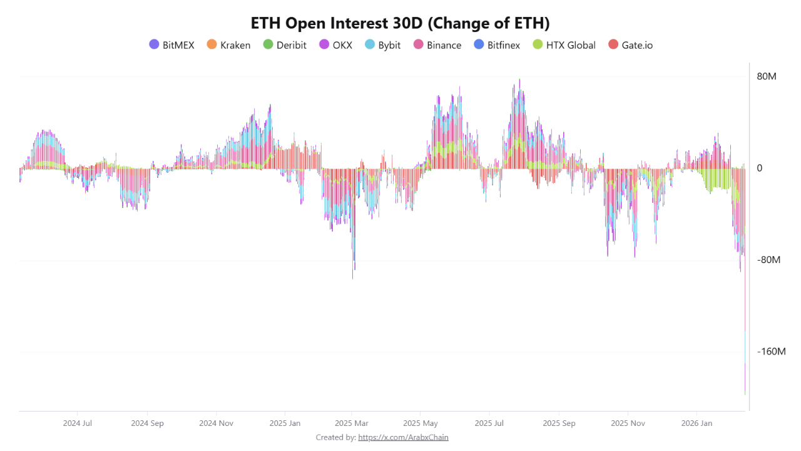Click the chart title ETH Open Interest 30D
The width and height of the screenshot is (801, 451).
point(400,23)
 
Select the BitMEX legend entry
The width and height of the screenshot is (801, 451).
point(171,45)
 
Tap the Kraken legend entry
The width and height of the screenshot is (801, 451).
point(228,45)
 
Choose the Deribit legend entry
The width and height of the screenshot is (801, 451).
point(285,45)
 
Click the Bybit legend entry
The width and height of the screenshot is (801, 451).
point(382,45)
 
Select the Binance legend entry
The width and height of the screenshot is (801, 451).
point(437,45)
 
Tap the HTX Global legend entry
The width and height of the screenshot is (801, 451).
point(563,45)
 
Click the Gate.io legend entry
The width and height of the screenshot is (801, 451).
point(630,45)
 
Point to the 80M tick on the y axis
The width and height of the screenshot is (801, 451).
point(767,77)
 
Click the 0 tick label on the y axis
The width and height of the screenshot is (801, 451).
point(760,168)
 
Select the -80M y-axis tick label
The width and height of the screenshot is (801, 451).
point(768,260)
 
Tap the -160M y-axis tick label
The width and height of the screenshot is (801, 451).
point(771,351)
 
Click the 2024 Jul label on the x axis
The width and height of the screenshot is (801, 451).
point(78,423)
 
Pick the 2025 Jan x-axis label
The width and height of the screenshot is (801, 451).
point(285,423)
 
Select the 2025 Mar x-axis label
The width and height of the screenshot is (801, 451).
point(352,423)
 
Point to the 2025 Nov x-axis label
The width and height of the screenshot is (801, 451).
point(628,423)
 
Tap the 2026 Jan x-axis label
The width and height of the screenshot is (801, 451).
point(696,423)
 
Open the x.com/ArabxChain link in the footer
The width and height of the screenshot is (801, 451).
point(403,437)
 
